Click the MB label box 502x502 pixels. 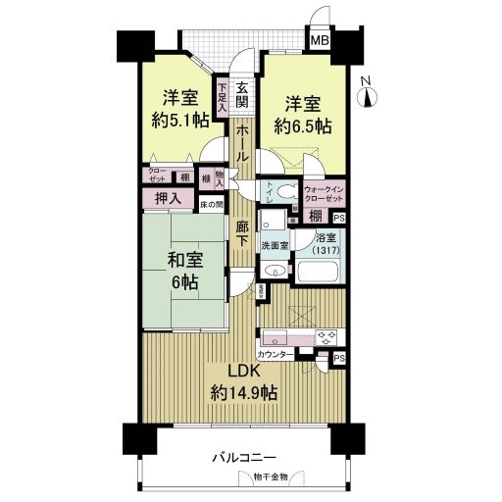(x=320, y=41)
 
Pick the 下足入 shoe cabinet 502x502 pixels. (x=223, y=99)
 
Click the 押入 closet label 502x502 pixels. (x=168, y=199)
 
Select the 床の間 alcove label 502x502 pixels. (x=212, y=205)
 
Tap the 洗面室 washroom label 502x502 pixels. (x=274, y=245)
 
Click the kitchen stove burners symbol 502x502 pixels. (x=326, y=336)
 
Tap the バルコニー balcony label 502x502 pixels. (x=244, y=458)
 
